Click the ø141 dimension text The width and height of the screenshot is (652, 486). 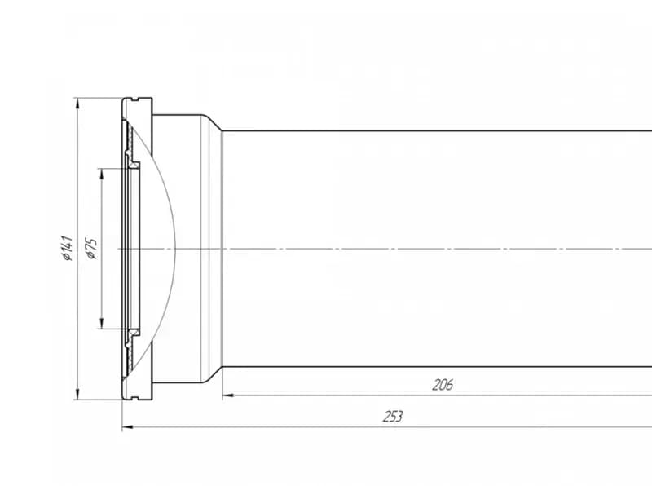click(x=67, y=248)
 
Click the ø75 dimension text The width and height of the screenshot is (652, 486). click(x=91, y=249)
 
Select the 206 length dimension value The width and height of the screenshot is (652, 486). click(x=443, y=385)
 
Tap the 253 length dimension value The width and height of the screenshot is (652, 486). click(x=393, y=417)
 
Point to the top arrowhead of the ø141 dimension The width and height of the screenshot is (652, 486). click(x=77, y=104)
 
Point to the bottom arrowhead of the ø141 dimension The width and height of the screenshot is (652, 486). click(x=77, y=394)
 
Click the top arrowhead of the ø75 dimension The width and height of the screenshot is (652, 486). click(x=101, y=174)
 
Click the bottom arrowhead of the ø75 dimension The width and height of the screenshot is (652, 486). click(x=101, y=323)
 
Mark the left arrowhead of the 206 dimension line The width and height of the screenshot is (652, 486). click(x=228, y=395)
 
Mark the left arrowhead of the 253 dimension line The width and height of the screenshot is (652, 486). click(x=128, y=427)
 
